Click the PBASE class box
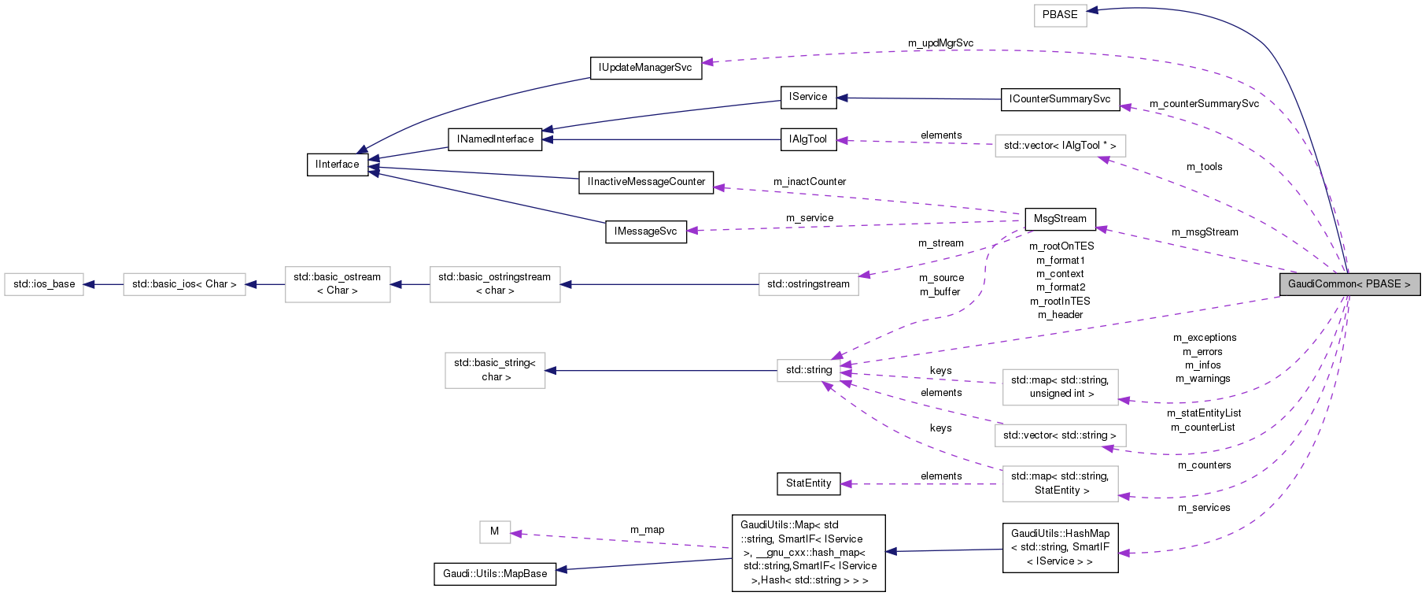tap(1059, 15)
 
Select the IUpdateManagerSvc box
tap(645, 68)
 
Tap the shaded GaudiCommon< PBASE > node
tap(1349, 284)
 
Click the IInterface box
tap(337, 165)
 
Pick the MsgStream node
tap(1059, 219)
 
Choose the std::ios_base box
tap(44, 284)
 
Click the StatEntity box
tap(808, 483)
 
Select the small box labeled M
tap(494, 531)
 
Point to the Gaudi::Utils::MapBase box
tap(494, 574)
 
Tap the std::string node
tap(808, 370)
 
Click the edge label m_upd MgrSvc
tap(940, 43)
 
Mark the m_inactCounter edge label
tap(809, 182)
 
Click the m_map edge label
tap(647, 530)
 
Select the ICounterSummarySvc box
tap(1059, 99)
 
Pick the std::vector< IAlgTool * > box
tap(1059, 146)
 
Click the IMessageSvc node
tap(645, 231)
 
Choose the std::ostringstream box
tap(808, 284)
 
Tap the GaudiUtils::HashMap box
tap(1059, 547)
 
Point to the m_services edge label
tap(1203, 508)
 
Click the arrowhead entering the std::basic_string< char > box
tap(551, 370)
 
